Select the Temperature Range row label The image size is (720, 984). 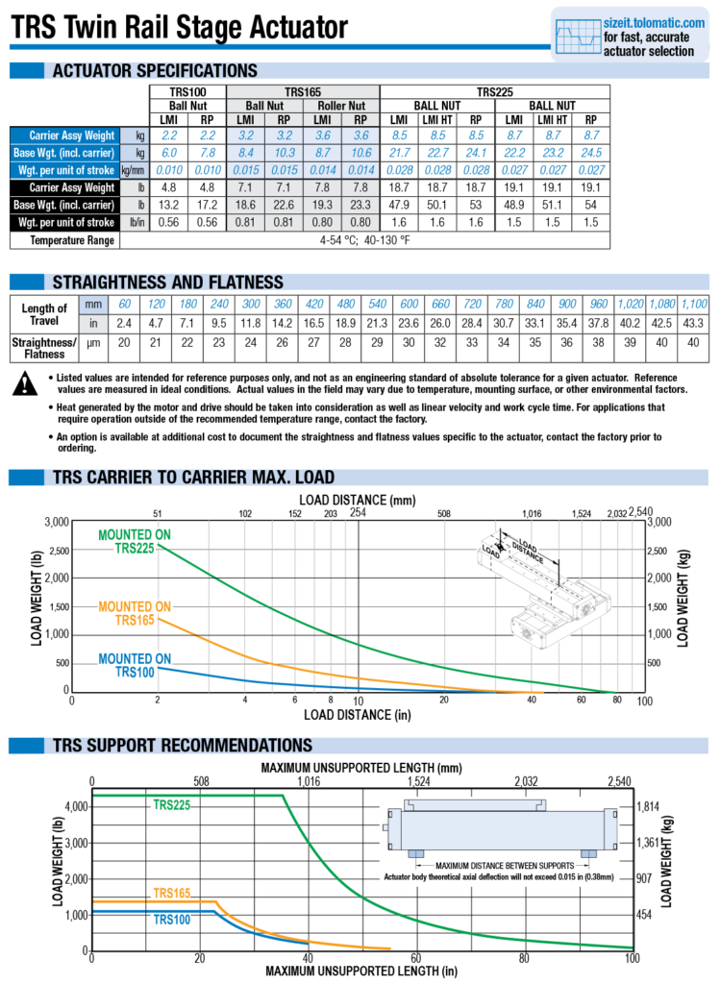(72, 239)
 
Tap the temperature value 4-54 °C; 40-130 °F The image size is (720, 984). (364, 239)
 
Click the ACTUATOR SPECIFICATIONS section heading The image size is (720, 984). (154, 70)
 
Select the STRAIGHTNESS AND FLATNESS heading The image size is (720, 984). (167, 282)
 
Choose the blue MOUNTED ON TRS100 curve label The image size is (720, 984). (135, 665)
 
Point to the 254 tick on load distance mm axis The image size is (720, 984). (359, 512)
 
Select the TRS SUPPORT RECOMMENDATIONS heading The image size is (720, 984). (182, 746)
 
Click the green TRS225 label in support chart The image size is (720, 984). (174, 804)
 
